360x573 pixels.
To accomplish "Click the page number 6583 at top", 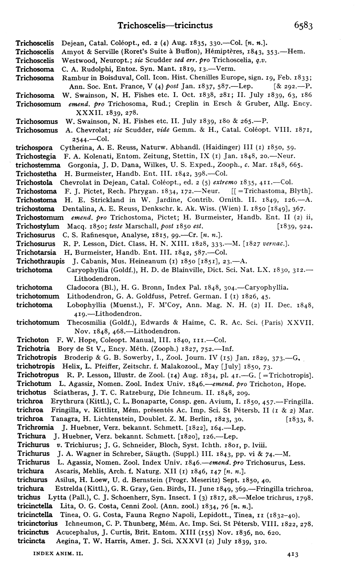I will tap(303, 25).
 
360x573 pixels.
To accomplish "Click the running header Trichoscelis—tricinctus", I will tap(165, 25).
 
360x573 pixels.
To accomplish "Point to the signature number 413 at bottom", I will tap(294, 555).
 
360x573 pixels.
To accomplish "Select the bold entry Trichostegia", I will tap(36, 156).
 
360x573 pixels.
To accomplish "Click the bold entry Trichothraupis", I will tap(41, 261).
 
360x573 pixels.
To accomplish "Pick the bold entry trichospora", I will tap(35, 148).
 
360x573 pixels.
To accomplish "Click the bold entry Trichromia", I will tap(35, 427).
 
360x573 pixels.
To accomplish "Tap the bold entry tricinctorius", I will tap(37, 524).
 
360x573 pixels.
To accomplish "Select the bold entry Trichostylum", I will tap(38, 226).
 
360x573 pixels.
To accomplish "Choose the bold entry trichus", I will tap(29, 497).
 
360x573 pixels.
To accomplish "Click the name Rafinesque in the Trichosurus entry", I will tap(94, 235).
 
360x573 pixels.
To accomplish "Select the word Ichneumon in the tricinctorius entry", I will tap(83, 524).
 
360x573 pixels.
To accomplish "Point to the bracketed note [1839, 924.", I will tap(294, 227).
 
